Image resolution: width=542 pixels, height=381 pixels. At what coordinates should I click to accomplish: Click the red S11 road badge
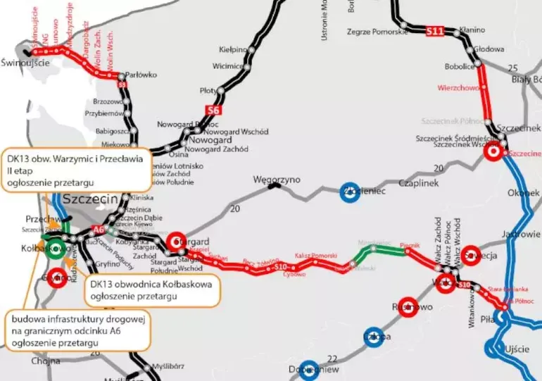(435, 31)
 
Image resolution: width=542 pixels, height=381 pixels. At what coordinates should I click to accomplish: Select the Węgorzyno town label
(277, 180)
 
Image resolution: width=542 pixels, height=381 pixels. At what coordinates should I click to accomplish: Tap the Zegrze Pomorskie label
(377, 32)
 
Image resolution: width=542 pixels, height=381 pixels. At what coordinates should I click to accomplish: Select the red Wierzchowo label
(458, 88)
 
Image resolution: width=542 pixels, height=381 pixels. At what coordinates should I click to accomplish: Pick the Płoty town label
(208, 91)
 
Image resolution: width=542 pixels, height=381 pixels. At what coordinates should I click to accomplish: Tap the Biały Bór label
(527, 80)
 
